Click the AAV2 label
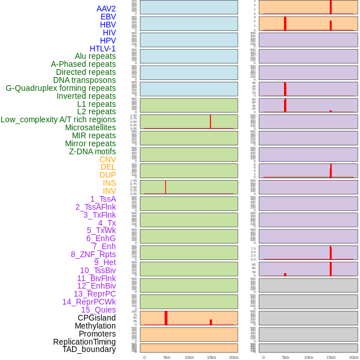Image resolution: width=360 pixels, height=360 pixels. click(106, 9)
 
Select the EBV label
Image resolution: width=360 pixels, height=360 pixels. click(108, 17)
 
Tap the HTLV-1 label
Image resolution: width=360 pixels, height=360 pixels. click(103, 49)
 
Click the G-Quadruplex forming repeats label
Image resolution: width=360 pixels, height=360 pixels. click(61, 88)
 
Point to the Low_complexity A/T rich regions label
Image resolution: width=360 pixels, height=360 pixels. click(58, 119)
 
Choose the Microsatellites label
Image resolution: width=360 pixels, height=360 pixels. click(90, 127)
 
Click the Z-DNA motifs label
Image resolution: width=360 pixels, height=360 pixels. click(93, 151)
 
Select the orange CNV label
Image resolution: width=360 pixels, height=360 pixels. click(107, 159)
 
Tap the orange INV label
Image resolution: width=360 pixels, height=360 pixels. click(109, 191)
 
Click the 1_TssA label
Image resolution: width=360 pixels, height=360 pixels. click(103, 199)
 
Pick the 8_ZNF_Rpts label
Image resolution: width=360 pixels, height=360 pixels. click(93, 254)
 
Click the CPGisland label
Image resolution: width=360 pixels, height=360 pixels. click(97, 318)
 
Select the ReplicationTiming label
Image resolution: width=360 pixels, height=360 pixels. click(85, 342)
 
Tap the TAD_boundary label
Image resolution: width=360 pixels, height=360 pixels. click(89, 349)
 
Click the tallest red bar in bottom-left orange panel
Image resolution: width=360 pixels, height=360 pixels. click(166, 318)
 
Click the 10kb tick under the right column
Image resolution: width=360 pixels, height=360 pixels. click(308, 357)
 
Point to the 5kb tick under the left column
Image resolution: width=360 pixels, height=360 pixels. click(167, 357)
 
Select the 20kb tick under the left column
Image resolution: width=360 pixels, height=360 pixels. click(234, 357)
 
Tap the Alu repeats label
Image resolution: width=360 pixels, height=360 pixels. click(95, 56)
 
